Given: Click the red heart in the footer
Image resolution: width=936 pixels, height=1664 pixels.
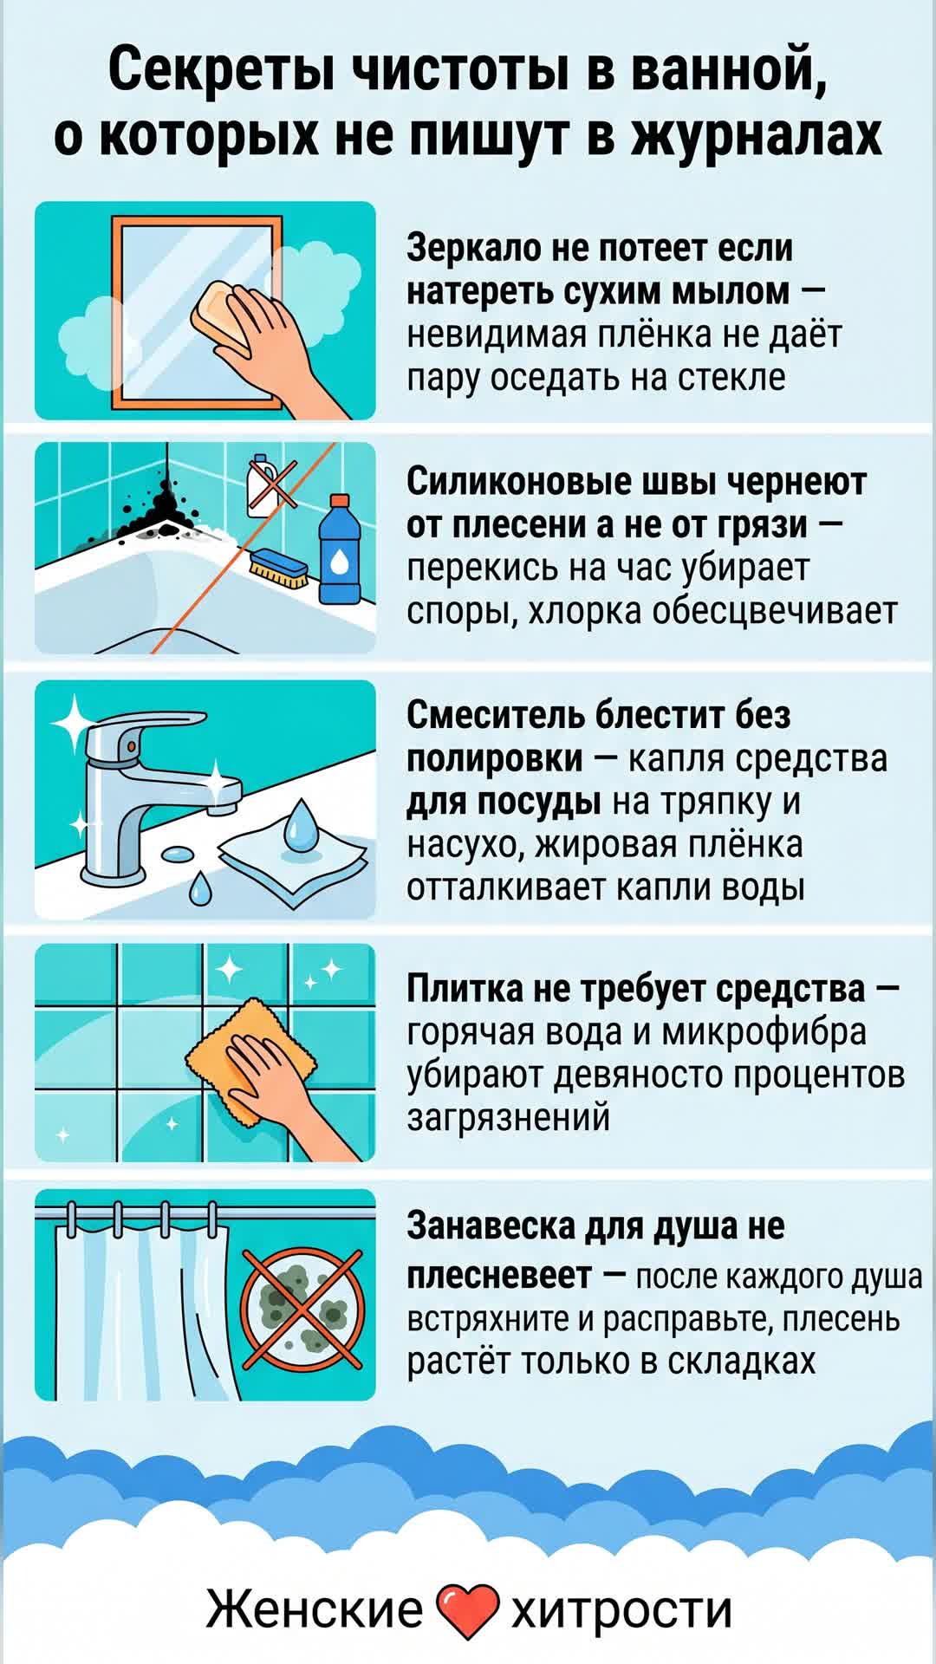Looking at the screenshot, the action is point(467,1611).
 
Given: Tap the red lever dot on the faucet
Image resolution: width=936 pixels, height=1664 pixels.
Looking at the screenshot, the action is point(132,745).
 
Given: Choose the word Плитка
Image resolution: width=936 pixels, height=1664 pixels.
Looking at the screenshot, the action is point(465,988).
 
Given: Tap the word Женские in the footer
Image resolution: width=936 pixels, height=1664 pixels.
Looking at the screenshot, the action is point(315,1610).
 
